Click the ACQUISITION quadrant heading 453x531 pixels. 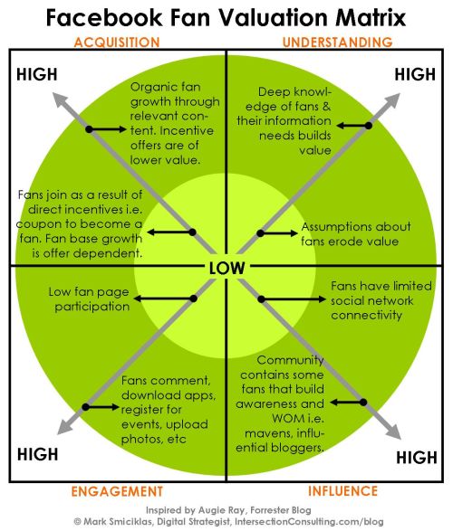pyautogui.click(x=117, y=43)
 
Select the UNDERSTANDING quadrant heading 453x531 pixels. pyautogui.click(x=337, y=42)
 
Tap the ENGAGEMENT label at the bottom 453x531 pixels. pyautogui.click(x=117, y=491)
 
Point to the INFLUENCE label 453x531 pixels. pyautogui.click(x=342, y=490)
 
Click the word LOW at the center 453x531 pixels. pyautogui.click(x=226, y=268)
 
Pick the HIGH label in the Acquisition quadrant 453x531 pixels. pyautogui.click(x=37, y=74)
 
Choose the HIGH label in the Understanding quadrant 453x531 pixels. pyautogui.click(x=415, y=74)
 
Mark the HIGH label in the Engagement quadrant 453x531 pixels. pyautogui.click(x=38, y=454)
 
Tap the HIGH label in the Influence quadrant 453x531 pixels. pyautogui.click(x=417, y=457)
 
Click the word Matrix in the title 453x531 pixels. pyautogui.click(x=371, y=17)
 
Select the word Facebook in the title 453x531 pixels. pyautogui.click(x=104, y=17)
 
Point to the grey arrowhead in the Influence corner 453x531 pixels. pyautogui.click(x=393, y=431)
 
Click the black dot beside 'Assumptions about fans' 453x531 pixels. pyautogui.click(x=260, y=233)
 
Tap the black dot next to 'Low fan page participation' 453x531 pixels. pyautogui.click(x=193, y=299)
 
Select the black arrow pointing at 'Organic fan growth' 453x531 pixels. pyautogui.click(x=108, y=129)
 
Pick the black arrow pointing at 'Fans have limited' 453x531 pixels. pyautogui.click(x=294, y=299)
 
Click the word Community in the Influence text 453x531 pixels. pyautogui.click(x=290, y=360)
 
